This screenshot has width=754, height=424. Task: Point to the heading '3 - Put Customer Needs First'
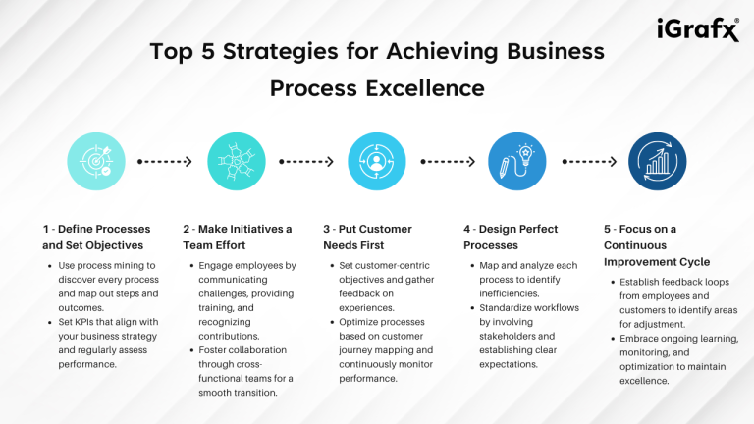coord(366,237)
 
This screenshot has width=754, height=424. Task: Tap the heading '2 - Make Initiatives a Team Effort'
coord(237,237)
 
